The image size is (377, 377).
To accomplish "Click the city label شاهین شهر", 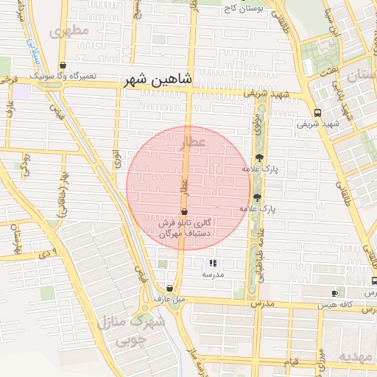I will point(158,79).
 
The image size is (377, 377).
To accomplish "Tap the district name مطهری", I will point(70,31).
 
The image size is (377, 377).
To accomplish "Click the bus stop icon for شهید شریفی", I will point(317,113).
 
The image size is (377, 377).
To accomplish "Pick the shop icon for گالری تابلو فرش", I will point(184,211).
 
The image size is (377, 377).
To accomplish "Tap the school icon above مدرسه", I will point(213,263).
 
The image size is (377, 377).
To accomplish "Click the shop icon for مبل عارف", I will point(170,289).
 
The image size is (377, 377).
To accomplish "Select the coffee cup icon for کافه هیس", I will point(335,293).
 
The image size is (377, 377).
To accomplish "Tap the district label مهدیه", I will point(356,356).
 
